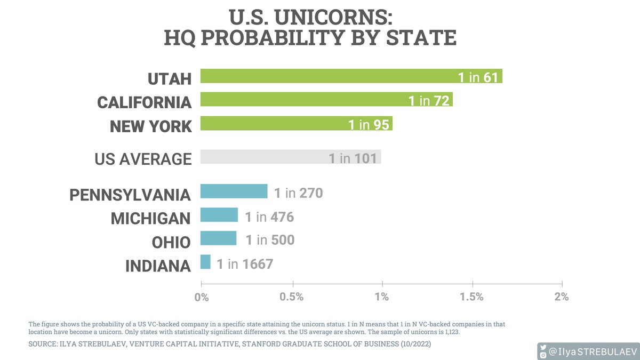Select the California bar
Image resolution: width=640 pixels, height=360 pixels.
pos(299,100)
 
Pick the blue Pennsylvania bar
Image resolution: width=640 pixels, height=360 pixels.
pos(234,191)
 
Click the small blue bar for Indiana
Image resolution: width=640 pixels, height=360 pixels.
pos(205,262)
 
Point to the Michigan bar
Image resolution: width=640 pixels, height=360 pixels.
pos(219,215)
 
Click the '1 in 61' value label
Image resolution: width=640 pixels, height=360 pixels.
pos(478,77)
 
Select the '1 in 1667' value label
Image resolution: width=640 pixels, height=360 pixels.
pos(245,263)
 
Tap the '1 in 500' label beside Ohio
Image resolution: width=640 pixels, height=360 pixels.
pos(270,240)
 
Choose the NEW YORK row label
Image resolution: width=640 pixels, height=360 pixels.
pos(150,126)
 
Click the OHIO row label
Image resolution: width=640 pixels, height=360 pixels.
pos(170,242)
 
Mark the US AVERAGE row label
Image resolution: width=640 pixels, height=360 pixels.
pos(143,159)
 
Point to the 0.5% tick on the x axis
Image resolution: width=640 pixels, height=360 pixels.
pos(292,297)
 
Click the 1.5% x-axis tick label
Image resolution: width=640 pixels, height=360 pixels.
pos(472,297)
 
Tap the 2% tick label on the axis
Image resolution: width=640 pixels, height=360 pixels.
pos(562,297)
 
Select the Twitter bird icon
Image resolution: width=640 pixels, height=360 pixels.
pos(543,346)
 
